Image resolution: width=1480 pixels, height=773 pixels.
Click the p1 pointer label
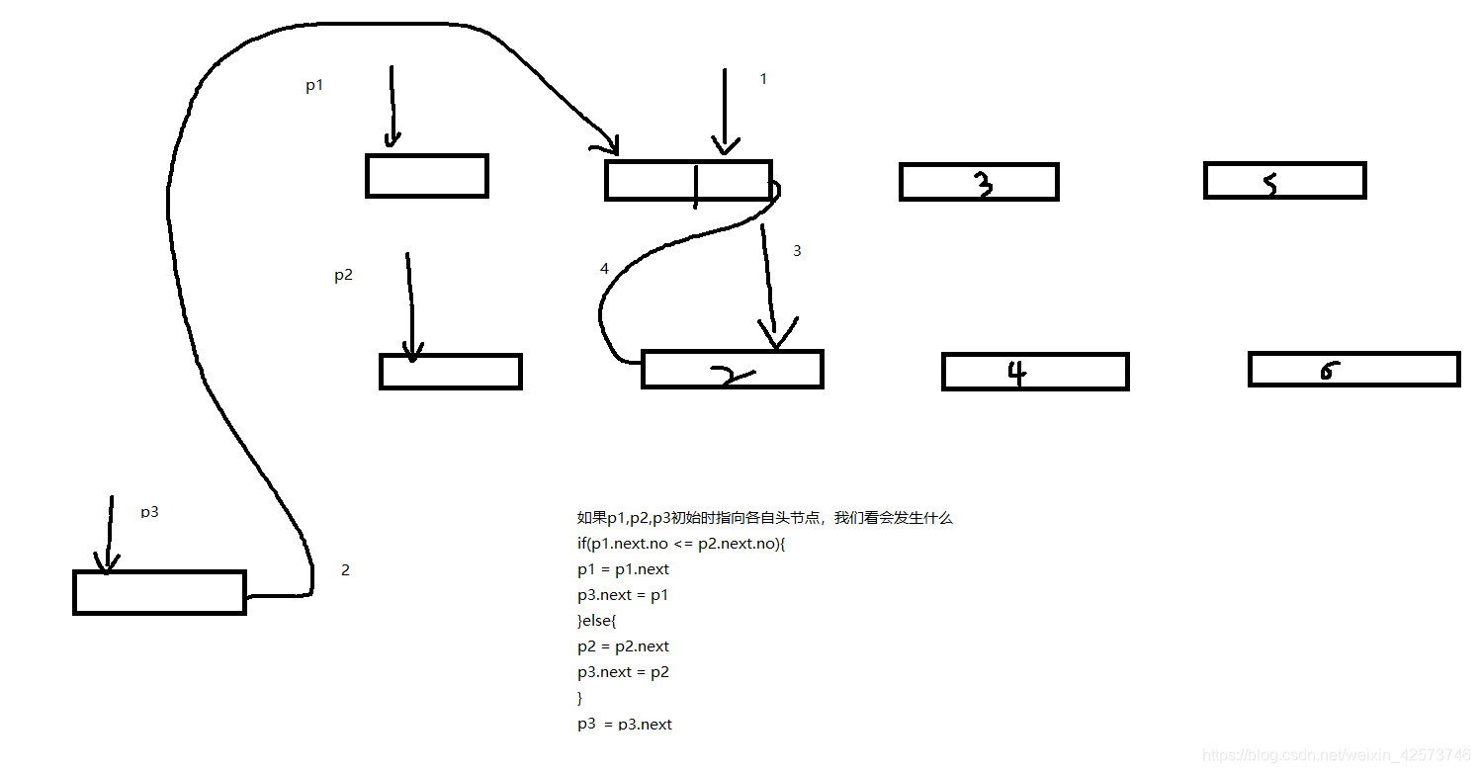pos(314,86)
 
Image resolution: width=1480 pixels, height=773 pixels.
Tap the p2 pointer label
pos(343,276)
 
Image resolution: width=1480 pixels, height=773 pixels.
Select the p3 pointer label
pos(149,512)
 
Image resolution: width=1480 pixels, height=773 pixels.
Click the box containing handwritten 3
pos(979,182)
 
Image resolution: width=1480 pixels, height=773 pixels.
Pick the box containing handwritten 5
pos(1284,181)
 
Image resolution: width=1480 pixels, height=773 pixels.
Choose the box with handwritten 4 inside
pos(1035,372)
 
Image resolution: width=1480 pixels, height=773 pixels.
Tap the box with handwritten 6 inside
pos(1353,369)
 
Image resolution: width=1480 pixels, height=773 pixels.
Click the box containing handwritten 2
pos(732,369)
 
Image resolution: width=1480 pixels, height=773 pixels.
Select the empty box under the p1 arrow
pos(427,176)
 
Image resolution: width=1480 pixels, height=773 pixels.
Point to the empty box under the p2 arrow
pos(450,371)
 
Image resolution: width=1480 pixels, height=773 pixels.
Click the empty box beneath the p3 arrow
pos(159,592)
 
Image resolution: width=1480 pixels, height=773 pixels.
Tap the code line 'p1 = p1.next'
pos(624,569)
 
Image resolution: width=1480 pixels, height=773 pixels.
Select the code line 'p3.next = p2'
pos(624,672)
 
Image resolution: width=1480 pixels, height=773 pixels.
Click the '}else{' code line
pos(596,621)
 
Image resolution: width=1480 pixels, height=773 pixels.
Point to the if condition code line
pos(681,544)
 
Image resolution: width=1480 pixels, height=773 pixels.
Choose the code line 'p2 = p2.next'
pos(624,646)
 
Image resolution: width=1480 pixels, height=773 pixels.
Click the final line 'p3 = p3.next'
pos(625,725)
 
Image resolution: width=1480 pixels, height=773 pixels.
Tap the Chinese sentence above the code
pos(764,518)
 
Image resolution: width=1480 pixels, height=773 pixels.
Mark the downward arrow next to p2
pos(410,306)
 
